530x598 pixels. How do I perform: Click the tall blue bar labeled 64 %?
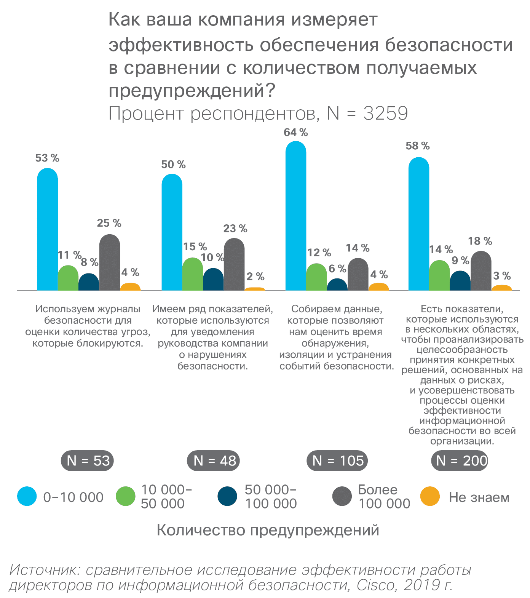click(x=296, y=217)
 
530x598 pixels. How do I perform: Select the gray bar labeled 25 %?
click(x=110, y=263)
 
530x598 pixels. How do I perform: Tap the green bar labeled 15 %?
click(x=193, y=275)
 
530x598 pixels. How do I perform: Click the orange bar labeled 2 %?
click(x=255, y=289)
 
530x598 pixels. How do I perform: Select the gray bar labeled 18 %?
click(x=481, y=271)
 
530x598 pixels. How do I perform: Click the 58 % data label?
click(x=418, y=146)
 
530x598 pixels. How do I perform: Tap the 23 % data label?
click(x=235, y=229)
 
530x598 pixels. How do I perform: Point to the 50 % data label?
click(x=173, y=165)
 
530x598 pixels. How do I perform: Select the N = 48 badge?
click(x=213, y=461)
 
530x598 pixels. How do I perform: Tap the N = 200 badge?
click(x=460, y=461)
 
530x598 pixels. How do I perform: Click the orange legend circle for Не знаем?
click(x=430, y=496)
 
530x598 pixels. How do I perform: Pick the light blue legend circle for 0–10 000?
click(x=27, y=496)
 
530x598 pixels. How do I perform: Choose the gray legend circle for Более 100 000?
click(x=342, y=496)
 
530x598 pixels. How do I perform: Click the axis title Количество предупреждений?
click(x=268, y=530)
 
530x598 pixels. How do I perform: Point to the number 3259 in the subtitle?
click(x=385, y=114)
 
